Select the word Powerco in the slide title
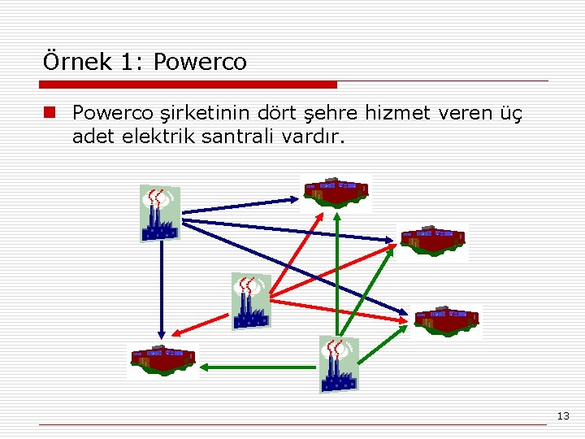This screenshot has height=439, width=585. click(199, 62)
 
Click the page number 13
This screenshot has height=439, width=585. click(563, 416)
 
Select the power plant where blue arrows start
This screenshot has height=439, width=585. click(159, 212)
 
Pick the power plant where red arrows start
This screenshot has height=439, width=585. click(250, 300)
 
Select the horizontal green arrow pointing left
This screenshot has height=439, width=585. click(256, 367)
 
